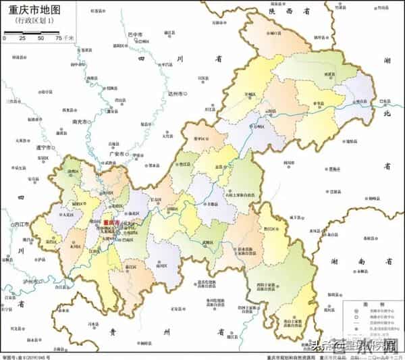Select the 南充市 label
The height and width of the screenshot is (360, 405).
[80, 122]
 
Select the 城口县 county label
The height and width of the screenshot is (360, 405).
[275, 32]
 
